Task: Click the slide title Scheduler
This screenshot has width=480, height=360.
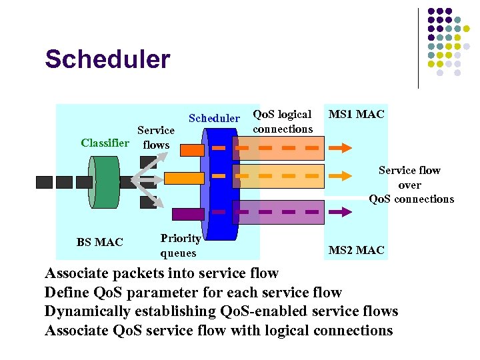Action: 107,59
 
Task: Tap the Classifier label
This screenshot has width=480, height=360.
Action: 105,143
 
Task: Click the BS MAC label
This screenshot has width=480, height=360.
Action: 99,242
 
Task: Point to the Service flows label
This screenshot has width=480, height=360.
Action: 155,137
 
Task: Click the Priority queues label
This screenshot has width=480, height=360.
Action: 180,245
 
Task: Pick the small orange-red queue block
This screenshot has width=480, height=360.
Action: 192,150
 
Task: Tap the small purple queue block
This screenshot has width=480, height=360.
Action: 187,214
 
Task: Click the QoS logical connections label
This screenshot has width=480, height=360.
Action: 283,121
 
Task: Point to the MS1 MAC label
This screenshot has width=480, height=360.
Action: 356,114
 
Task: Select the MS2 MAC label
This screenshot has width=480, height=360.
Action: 356,250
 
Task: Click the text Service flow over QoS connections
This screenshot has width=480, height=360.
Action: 410,185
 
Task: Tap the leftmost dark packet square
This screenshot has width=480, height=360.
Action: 44,182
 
